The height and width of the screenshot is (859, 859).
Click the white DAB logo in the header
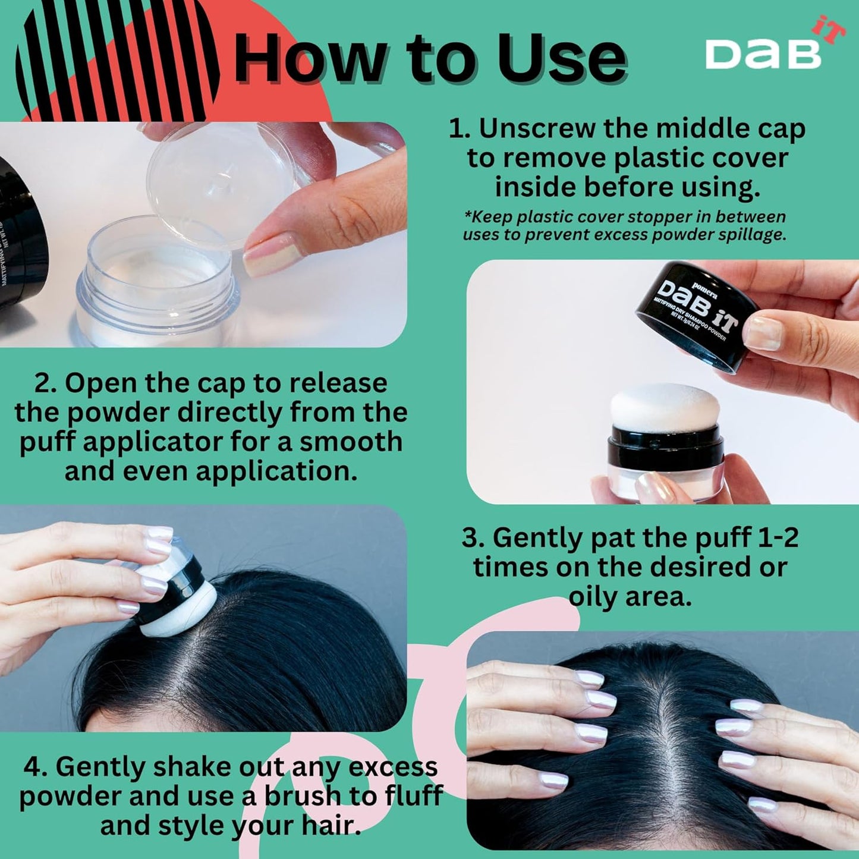[x=763, y=54]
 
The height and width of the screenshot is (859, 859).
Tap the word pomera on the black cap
[x=704, y=284]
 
